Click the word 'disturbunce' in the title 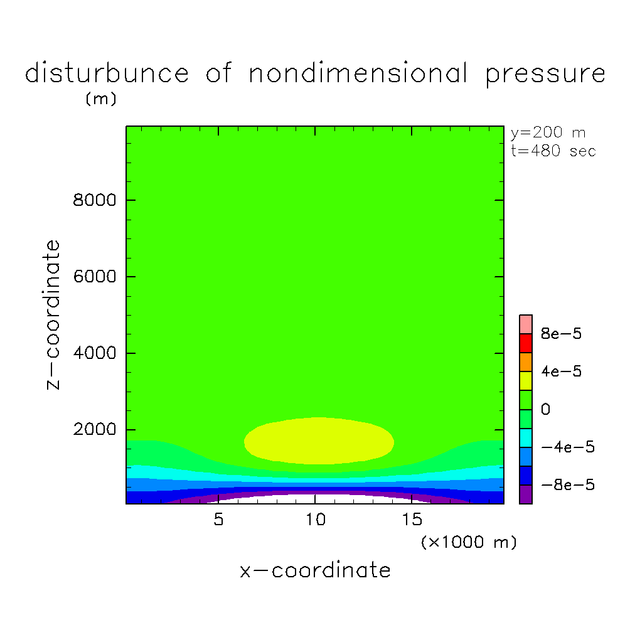tap(107, 73)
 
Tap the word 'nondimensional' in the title tap(358, 73)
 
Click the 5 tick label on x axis tap(218, 520)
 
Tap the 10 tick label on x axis tap(314, 520)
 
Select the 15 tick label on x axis tap(411, 520)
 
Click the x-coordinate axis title tap(315, 570)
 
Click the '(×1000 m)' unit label tap(469, 542)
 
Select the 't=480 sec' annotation tap(553, 151)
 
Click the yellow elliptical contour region tap(318, 440)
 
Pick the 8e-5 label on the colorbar tap(561, 334)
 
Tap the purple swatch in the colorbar tap(526, 494)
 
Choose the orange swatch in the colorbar tap(526, 362)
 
